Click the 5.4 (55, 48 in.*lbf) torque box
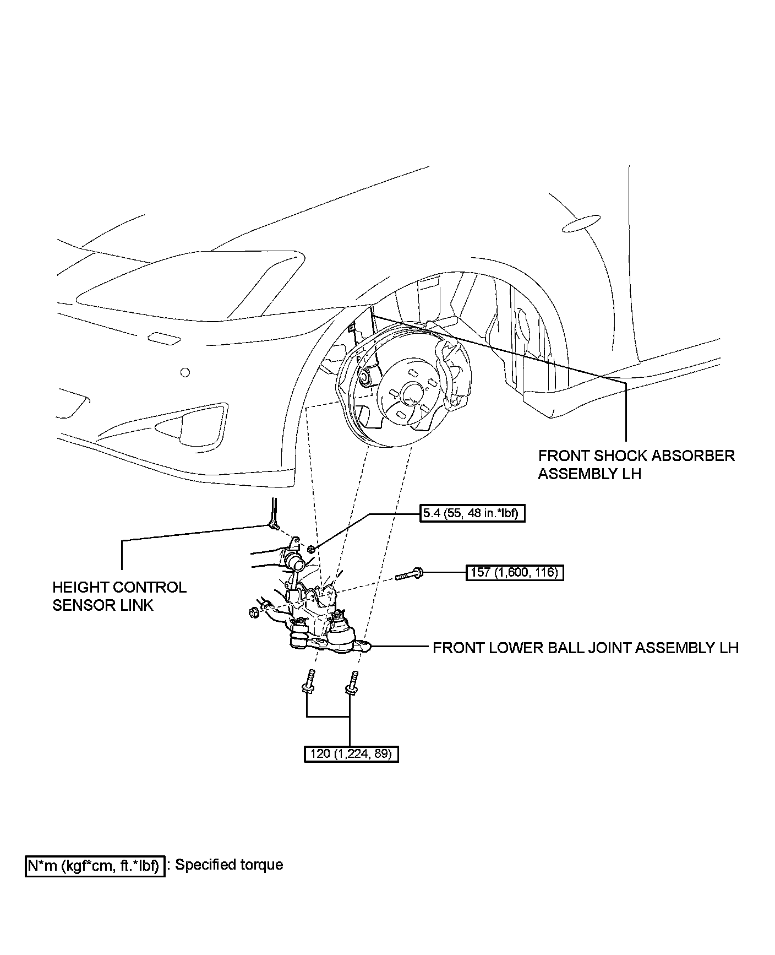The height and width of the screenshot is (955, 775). (x=472, y=514)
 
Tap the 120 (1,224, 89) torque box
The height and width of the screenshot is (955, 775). (x=351, y=753)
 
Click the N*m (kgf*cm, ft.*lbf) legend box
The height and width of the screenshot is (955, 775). (x=95, y=865)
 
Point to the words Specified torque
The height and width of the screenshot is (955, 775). (x=229, y=865)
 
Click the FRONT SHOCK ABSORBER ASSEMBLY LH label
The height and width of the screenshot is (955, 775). (x=636, y=464)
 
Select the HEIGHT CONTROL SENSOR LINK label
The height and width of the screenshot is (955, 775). (x=119, y=596)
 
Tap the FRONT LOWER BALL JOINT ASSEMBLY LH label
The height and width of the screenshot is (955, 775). (x=586, y=647)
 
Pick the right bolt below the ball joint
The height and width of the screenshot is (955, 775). (x=352, y=681)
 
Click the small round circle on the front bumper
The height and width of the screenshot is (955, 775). (x=185, y=373)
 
